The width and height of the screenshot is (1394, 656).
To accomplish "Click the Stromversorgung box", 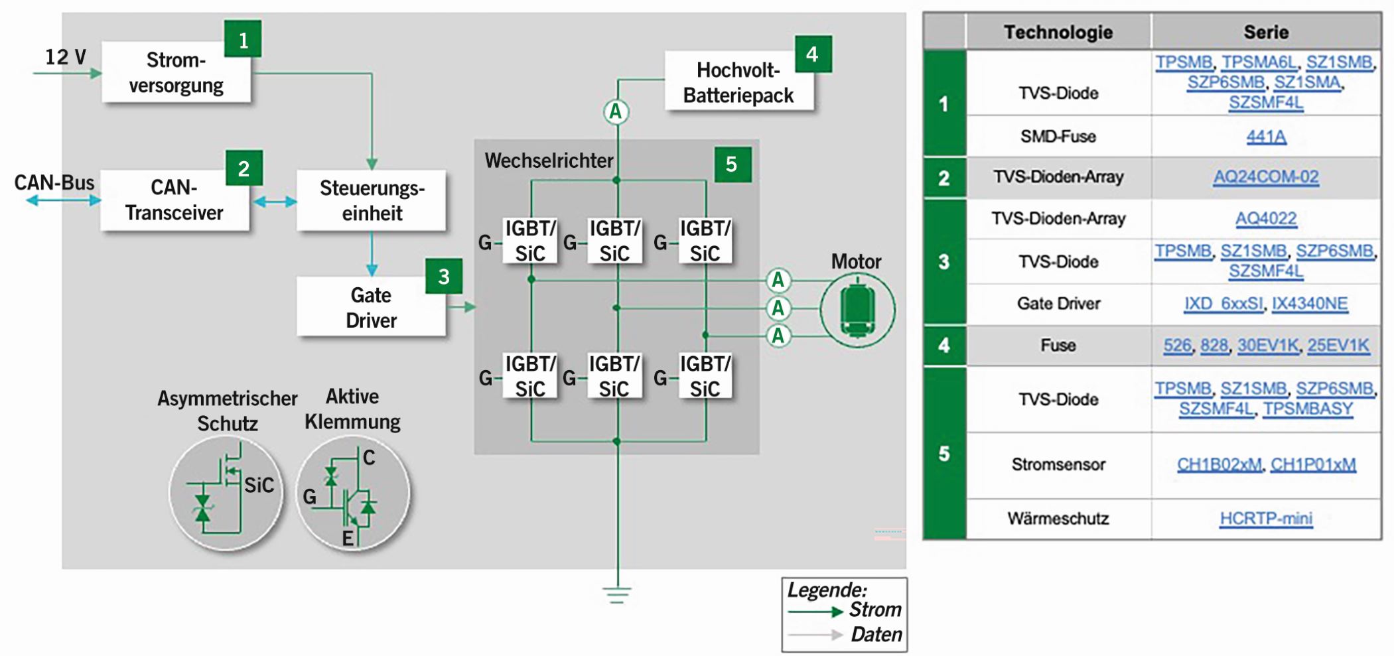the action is tap(176, 72).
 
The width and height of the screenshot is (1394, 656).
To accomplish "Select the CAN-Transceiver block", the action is tap(174, 200).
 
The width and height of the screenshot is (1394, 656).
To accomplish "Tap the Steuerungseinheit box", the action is tap(372, 200).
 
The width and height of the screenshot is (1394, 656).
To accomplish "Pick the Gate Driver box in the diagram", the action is tap(372, 307).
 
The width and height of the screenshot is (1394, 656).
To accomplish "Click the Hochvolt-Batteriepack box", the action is tap(739, 82).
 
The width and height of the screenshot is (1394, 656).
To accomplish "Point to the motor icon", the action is tap(857, 309).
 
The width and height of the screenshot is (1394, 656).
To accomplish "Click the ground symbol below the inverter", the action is tap(617, 594).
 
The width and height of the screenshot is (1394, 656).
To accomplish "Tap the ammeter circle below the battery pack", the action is tap(616, 112).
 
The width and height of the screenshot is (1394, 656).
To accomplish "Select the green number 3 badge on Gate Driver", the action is tap(444, 277).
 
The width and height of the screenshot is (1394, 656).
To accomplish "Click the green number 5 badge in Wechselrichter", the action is tap(732, 164).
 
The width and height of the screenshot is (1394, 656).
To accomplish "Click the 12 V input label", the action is tap(65, 57).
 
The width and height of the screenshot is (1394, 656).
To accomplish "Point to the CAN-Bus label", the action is tap(54, 182).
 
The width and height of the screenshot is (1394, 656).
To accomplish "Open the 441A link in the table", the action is tap(1266, 137).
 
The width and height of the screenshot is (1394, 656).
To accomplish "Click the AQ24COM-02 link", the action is tap(1266, 177).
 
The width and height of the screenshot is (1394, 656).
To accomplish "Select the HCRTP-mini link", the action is tap(1266, 518).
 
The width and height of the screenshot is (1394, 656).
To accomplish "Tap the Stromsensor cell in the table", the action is tap(1058, 464).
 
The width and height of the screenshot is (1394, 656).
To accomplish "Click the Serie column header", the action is tap(1266, 32).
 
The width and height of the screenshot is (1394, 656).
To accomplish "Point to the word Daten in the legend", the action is tap(876, 635).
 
